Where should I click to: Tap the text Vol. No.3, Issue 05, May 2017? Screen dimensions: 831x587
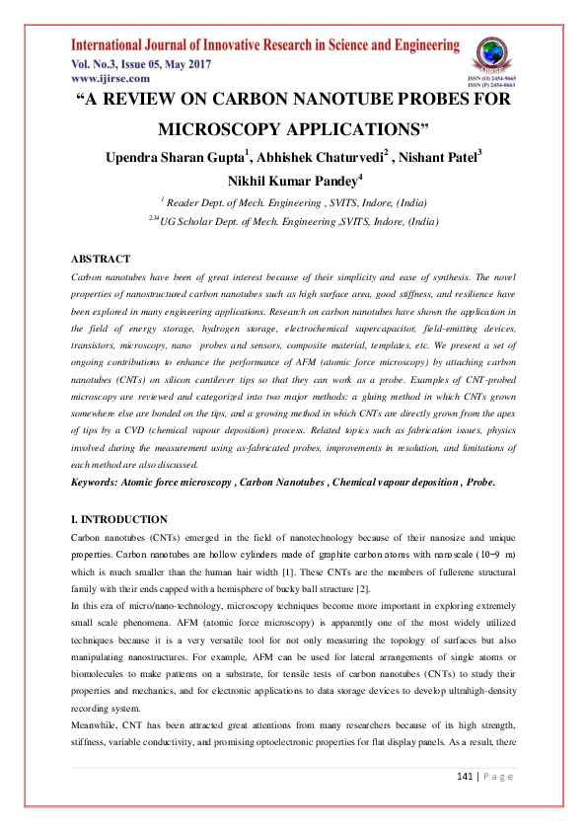pos(139,62)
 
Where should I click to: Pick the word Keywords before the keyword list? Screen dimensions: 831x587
pos(100,482)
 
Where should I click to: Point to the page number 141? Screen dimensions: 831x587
pos(468,803)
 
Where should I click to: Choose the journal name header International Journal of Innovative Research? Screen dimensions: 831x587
pos(264,45)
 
